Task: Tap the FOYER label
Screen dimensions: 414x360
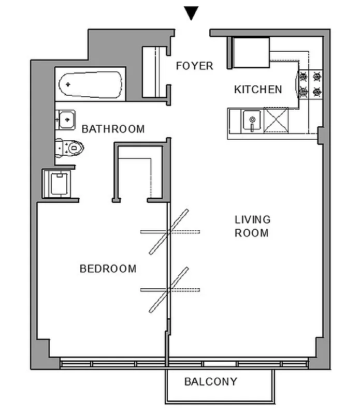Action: pos(194,66)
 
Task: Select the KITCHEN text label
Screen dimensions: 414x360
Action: pos(258,90)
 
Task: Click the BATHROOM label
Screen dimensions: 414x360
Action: pos(113,129)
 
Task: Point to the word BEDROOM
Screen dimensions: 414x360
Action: pos(108,269)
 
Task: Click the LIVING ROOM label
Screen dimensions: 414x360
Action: pos(252,226)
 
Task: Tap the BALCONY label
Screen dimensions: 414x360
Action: pos(211,382)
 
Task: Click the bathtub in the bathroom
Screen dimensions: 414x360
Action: pos(90,84)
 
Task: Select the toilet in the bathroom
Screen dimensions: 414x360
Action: pos(69,148)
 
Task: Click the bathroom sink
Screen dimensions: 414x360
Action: pos(66,119)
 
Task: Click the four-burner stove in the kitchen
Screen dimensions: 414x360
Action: pos(310,84)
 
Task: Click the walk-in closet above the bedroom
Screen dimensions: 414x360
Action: pos(139,173)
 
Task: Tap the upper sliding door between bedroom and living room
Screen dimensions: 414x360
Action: pos(170,231)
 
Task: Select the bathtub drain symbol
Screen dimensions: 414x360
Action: pos(68,84)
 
